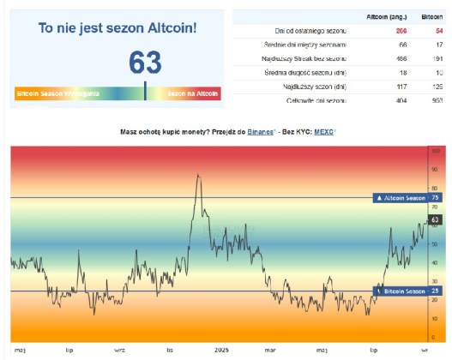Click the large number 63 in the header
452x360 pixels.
point(145,63)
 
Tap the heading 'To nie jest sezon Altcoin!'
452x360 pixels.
point(118,28)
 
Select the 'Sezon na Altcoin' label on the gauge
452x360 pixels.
point(193,92)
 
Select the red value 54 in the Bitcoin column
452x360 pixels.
point(438,30)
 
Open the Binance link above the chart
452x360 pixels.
point(261,133)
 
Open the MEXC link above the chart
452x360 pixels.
point(323,133)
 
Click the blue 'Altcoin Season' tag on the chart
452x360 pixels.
point(401,198)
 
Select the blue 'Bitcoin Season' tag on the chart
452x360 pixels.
point(401,291)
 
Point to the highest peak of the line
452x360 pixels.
point(198,175)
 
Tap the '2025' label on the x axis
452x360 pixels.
point(220,351)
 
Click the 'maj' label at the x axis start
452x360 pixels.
point(20,351)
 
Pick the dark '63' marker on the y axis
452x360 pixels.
point(435,220)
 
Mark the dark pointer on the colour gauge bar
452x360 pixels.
point(145,91)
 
